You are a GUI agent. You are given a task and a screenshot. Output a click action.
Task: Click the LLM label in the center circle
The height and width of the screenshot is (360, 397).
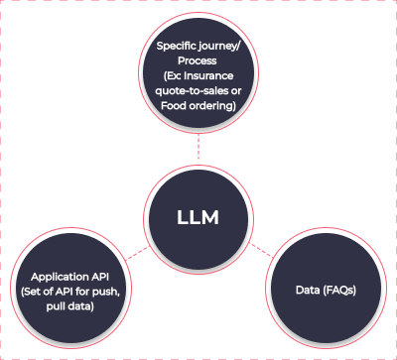point(198,216)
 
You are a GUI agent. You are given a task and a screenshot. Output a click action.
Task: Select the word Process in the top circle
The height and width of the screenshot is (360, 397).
point(198,60)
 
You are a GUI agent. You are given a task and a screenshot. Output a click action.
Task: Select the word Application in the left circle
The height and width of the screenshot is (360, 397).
point(52,278)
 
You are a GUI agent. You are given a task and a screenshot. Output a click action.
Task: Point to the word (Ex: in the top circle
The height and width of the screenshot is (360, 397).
point(177,74)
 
